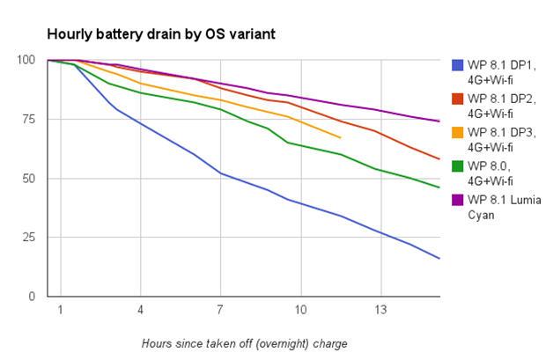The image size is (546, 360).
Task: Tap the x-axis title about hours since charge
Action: tap(244, 342)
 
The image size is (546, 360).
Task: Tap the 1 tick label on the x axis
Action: tap(60, 311)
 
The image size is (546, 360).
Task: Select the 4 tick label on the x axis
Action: tap(140, 311)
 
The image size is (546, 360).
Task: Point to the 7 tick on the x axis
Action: tap(220, 311)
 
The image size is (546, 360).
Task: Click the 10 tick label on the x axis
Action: tap(300, 311)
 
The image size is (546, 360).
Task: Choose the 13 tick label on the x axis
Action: tap(380, 311)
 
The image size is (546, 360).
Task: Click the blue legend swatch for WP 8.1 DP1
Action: tap(457, 64)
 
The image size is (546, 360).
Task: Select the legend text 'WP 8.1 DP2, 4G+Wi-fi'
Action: tap(499, 105)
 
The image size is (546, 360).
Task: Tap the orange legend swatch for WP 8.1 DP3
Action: tap(457, 132)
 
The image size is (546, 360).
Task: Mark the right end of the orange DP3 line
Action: tap(340, 137)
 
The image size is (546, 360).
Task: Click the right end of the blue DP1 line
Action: tap(439, 258)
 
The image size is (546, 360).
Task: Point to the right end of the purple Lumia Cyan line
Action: tap(439, 121)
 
